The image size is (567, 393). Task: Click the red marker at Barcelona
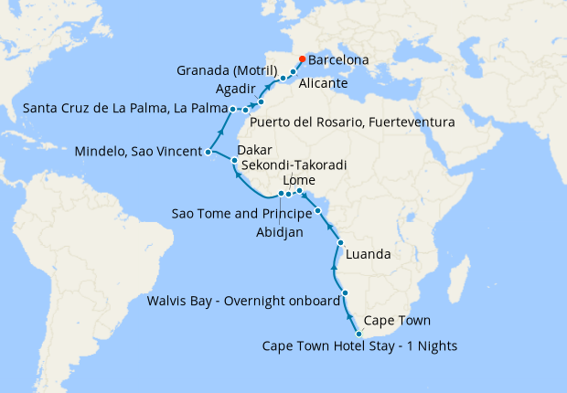click(x=302, y=59)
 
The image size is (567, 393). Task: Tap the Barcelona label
click(x=338, y=60)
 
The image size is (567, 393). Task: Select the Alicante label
click(x=323, y=83)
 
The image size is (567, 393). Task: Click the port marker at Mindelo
click(x=209, y=153)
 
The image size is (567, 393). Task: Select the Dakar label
click(x=254, y=152)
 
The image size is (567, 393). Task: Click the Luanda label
click(x=370, y=253)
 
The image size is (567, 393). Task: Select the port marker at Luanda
click(x=340, y=243)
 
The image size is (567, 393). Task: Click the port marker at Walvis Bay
click(x=345, y=292)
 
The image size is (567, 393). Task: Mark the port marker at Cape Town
click(x=358, y=334)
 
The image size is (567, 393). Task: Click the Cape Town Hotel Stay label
click(x=359, y=346)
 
